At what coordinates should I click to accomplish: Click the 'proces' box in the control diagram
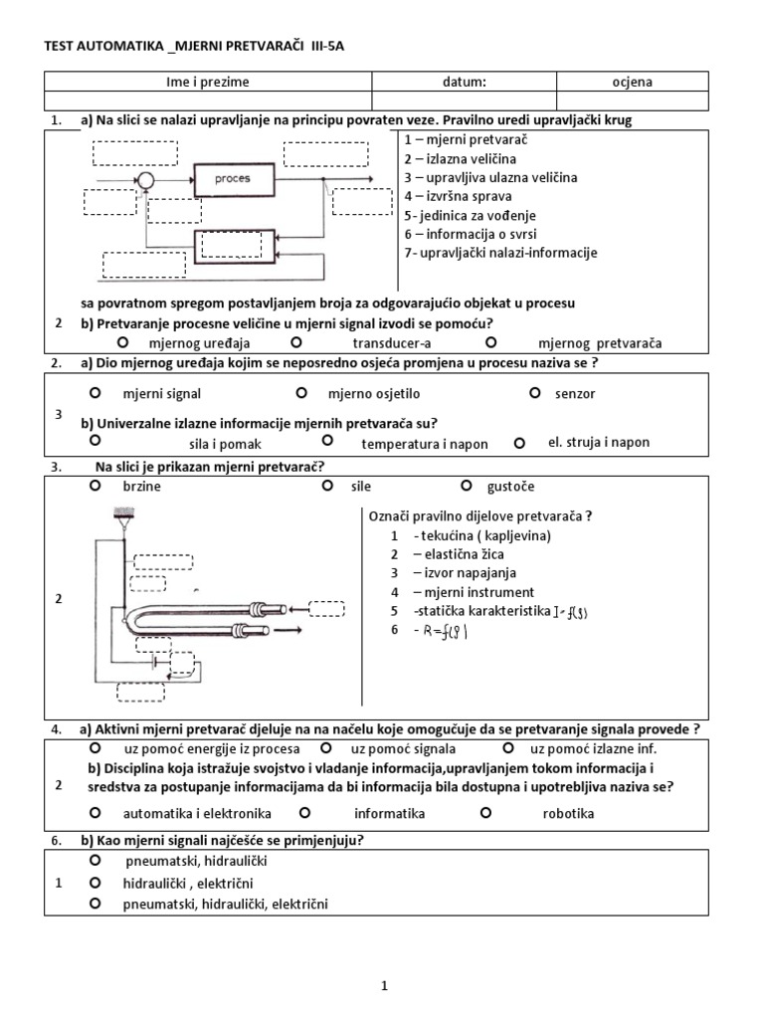pyautogui.click(x=232, y=179)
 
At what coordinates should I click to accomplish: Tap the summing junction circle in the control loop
pyautogui.click(x=146, y=180)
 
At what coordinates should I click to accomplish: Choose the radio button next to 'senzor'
pyautogui.click(x=534, y=392)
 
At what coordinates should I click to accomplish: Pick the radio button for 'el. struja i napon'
pyautogui.click(x=518, y=442)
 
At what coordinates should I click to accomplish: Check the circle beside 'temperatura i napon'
pyautogui.click(x=327, y=439)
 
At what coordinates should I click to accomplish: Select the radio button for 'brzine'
pyautogui.click(x=95, y=486)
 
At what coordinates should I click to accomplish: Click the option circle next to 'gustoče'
pyautogui.click(x=467, y=486)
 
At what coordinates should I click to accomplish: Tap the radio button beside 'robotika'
pyautogui.click(x=486, y=812)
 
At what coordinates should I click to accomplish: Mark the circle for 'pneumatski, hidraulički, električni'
pyautogui.click(x=95, y=904)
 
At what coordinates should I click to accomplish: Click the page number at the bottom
pyautogui.click(x=383, y=986)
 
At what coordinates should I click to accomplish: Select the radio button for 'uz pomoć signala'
pyautogui.click(x=326, y=746)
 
